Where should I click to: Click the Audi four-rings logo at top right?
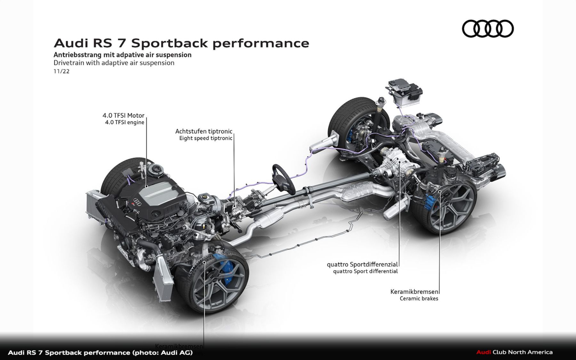(x=488, y=29)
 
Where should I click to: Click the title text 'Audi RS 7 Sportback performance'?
(x=181, y=43)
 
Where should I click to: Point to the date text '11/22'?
(x=61, y=71)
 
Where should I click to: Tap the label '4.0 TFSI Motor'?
(x=123, y=116)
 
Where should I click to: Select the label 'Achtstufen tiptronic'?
(x=204, y=131)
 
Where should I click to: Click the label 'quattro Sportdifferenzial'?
(x=362, y=265)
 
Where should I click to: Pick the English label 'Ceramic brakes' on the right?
(x=419, y=299)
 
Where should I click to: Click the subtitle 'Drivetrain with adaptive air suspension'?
(x=114, y=63)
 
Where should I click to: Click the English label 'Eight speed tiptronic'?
(x=205, y=138)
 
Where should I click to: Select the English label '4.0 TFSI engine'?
(x=124, y=122)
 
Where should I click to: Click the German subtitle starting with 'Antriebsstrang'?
(x=122, y=55)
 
